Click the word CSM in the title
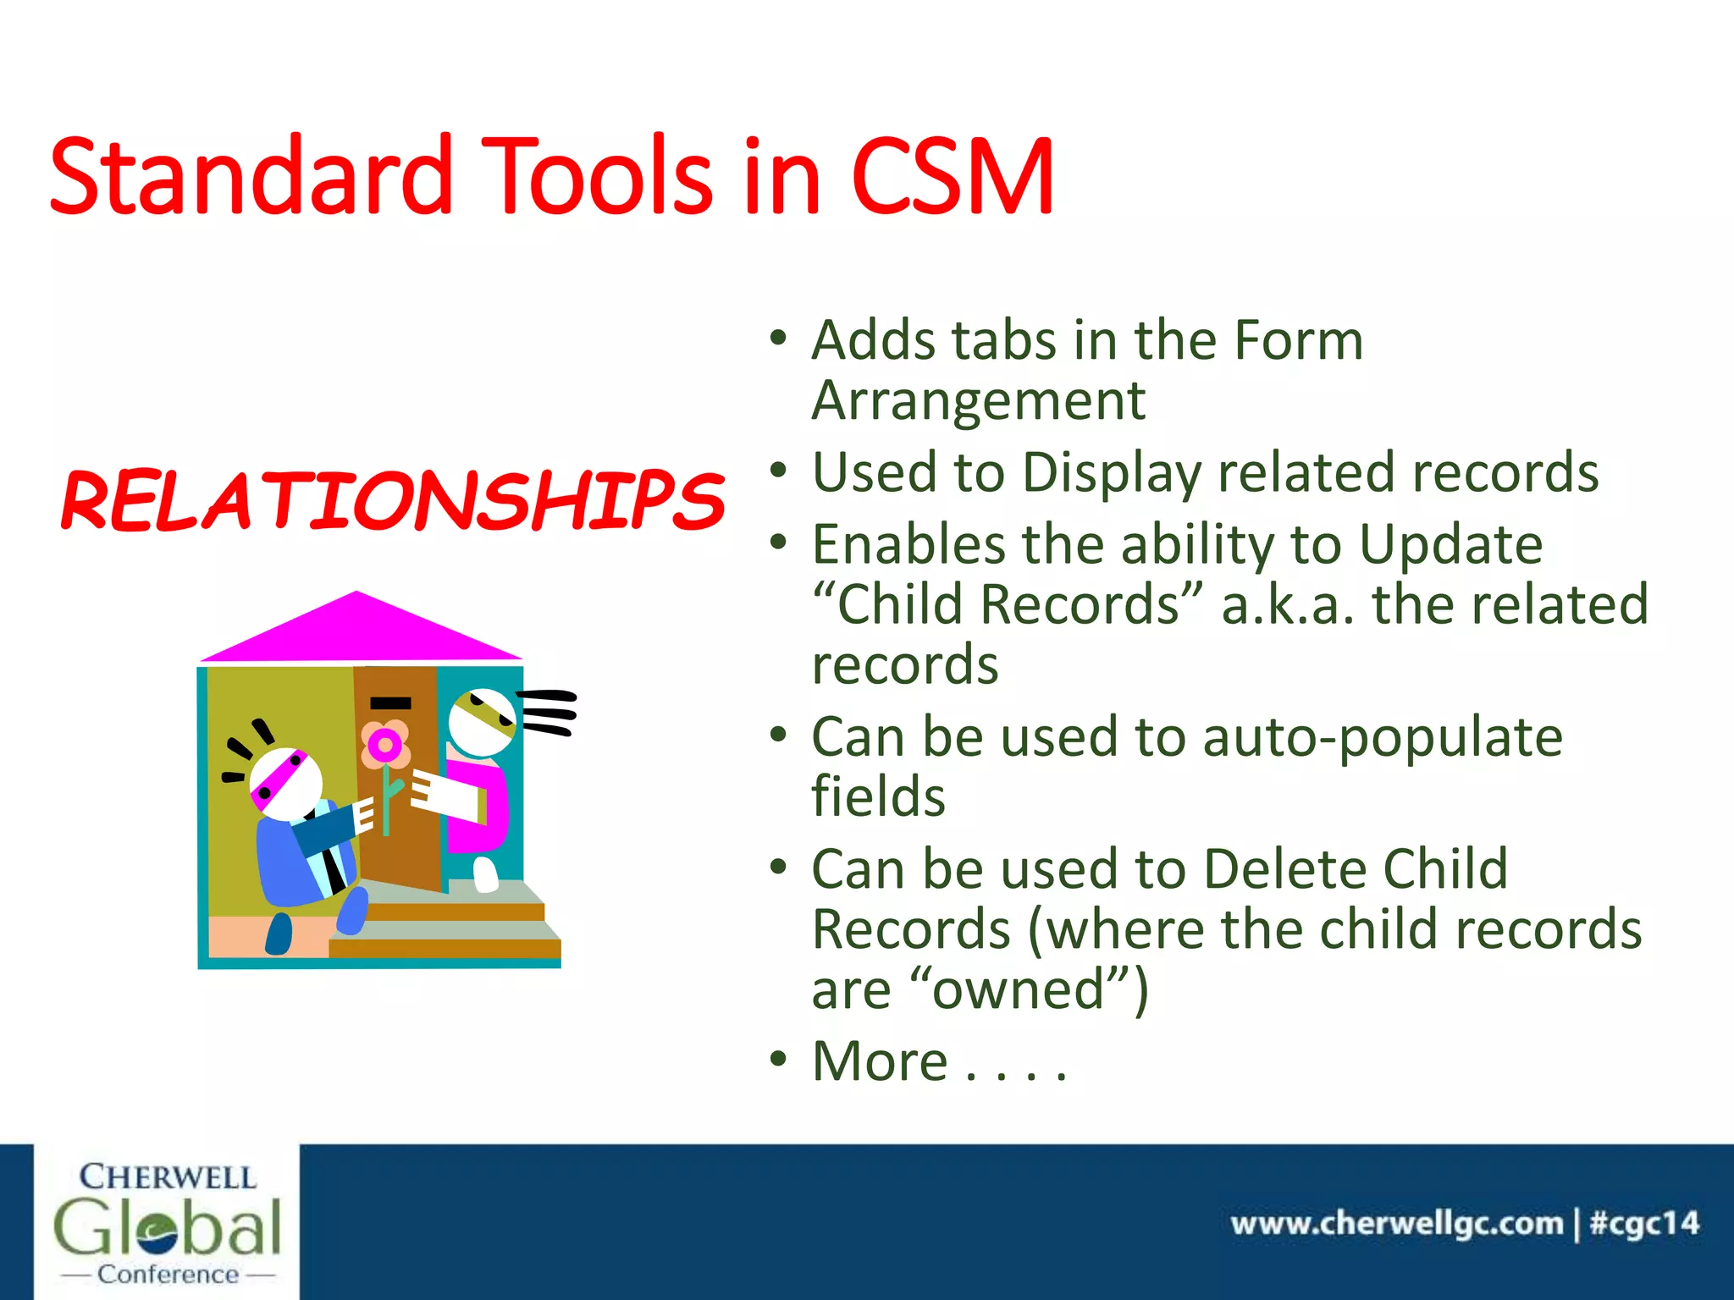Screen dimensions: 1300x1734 [x=953, y=178]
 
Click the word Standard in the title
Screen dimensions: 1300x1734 [x=251, y=178]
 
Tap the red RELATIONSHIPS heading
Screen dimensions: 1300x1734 [x=393, y=501]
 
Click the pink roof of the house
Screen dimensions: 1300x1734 [x=359, y=631]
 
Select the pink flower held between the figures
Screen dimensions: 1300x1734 [x=386, y=746]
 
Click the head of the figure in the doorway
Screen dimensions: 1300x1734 [x=482, y=722]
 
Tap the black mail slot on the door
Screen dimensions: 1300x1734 [x=390, y=702]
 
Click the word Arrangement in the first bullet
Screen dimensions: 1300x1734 [x=978, y=400]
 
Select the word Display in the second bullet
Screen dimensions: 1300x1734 [x=1112, y=472]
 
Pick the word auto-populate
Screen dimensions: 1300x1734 [x=1382, y=737]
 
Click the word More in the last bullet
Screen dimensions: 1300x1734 [x=880, y=1061]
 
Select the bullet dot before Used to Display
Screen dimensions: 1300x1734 [x=779, y=471]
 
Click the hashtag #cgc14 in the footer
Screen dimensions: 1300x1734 [x=1644, y=1224]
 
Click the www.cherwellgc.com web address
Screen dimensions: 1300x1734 [x=1396, y=1224]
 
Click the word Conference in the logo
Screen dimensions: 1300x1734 [x=168, y=1275]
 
